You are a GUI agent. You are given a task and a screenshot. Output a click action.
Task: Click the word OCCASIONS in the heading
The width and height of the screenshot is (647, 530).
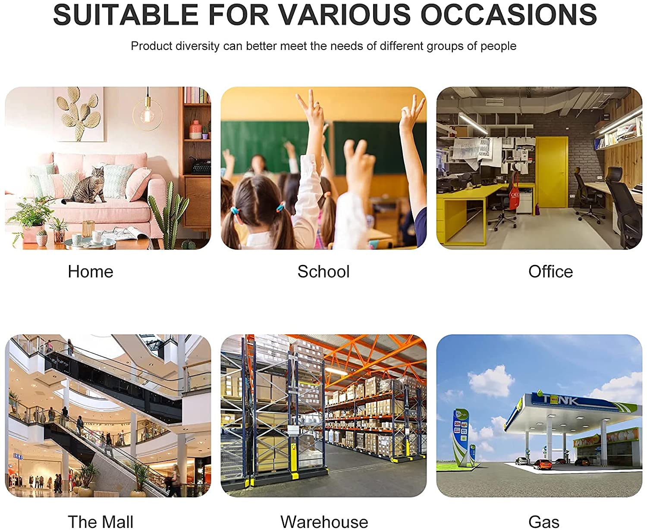[509, 14]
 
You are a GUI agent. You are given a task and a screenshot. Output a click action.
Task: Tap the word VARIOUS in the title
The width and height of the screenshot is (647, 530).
[345, 14]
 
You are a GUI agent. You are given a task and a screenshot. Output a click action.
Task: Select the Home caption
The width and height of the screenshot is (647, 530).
[91, 271]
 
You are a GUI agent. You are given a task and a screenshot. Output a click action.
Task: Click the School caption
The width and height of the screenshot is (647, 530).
[323, 271]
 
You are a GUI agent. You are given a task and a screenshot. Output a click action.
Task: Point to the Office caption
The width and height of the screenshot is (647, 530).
[550, 271]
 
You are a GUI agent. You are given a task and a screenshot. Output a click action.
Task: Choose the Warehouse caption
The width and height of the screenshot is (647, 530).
[324, 522]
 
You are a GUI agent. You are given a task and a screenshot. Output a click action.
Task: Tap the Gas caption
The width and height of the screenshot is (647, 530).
[543, 522]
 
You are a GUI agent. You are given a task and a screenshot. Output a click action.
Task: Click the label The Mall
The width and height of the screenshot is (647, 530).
[101, 522]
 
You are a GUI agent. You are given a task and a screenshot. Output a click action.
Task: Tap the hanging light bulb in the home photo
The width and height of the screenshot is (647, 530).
[147, 114]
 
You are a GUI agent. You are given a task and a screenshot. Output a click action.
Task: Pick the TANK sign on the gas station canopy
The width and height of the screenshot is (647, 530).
[560, 399]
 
